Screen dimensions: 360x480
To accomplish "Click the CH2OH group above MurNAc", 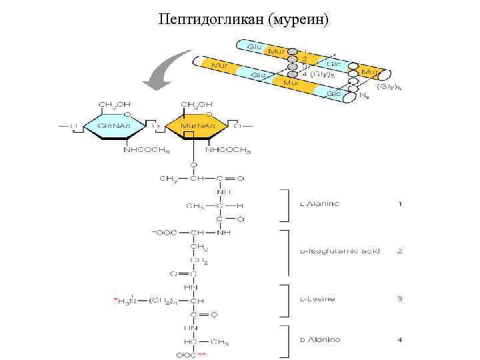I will pyautogui.click(x=197, y=104).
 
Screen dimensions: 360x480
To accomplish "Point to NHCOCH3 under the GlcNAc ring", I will pyautogui.click(x=145, y=150).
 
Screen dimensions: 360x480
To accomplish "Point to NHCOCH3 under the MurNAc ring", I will pyautogui.click(x=228, y=150).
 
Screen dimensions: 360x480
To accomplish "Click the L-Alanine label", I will pyautogui.click(x=319, y=204).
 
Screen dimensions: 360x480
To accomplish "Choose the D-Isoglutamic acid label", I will pyautogui.click(x=339, y=251).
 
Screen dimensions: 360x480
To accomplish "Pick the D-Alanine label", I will pyautogui.click(x=319, y=340).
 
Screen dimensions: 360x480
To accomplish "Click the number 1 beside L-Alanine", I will pyautogui.click(x=400, y=204).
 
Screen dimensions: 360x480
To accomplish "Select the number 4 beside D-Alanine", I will pyautogui.click(x=400, y=340).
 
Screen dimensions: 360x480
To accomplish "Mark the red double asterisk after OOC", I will pyautogui.click(x=202, y=355).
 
